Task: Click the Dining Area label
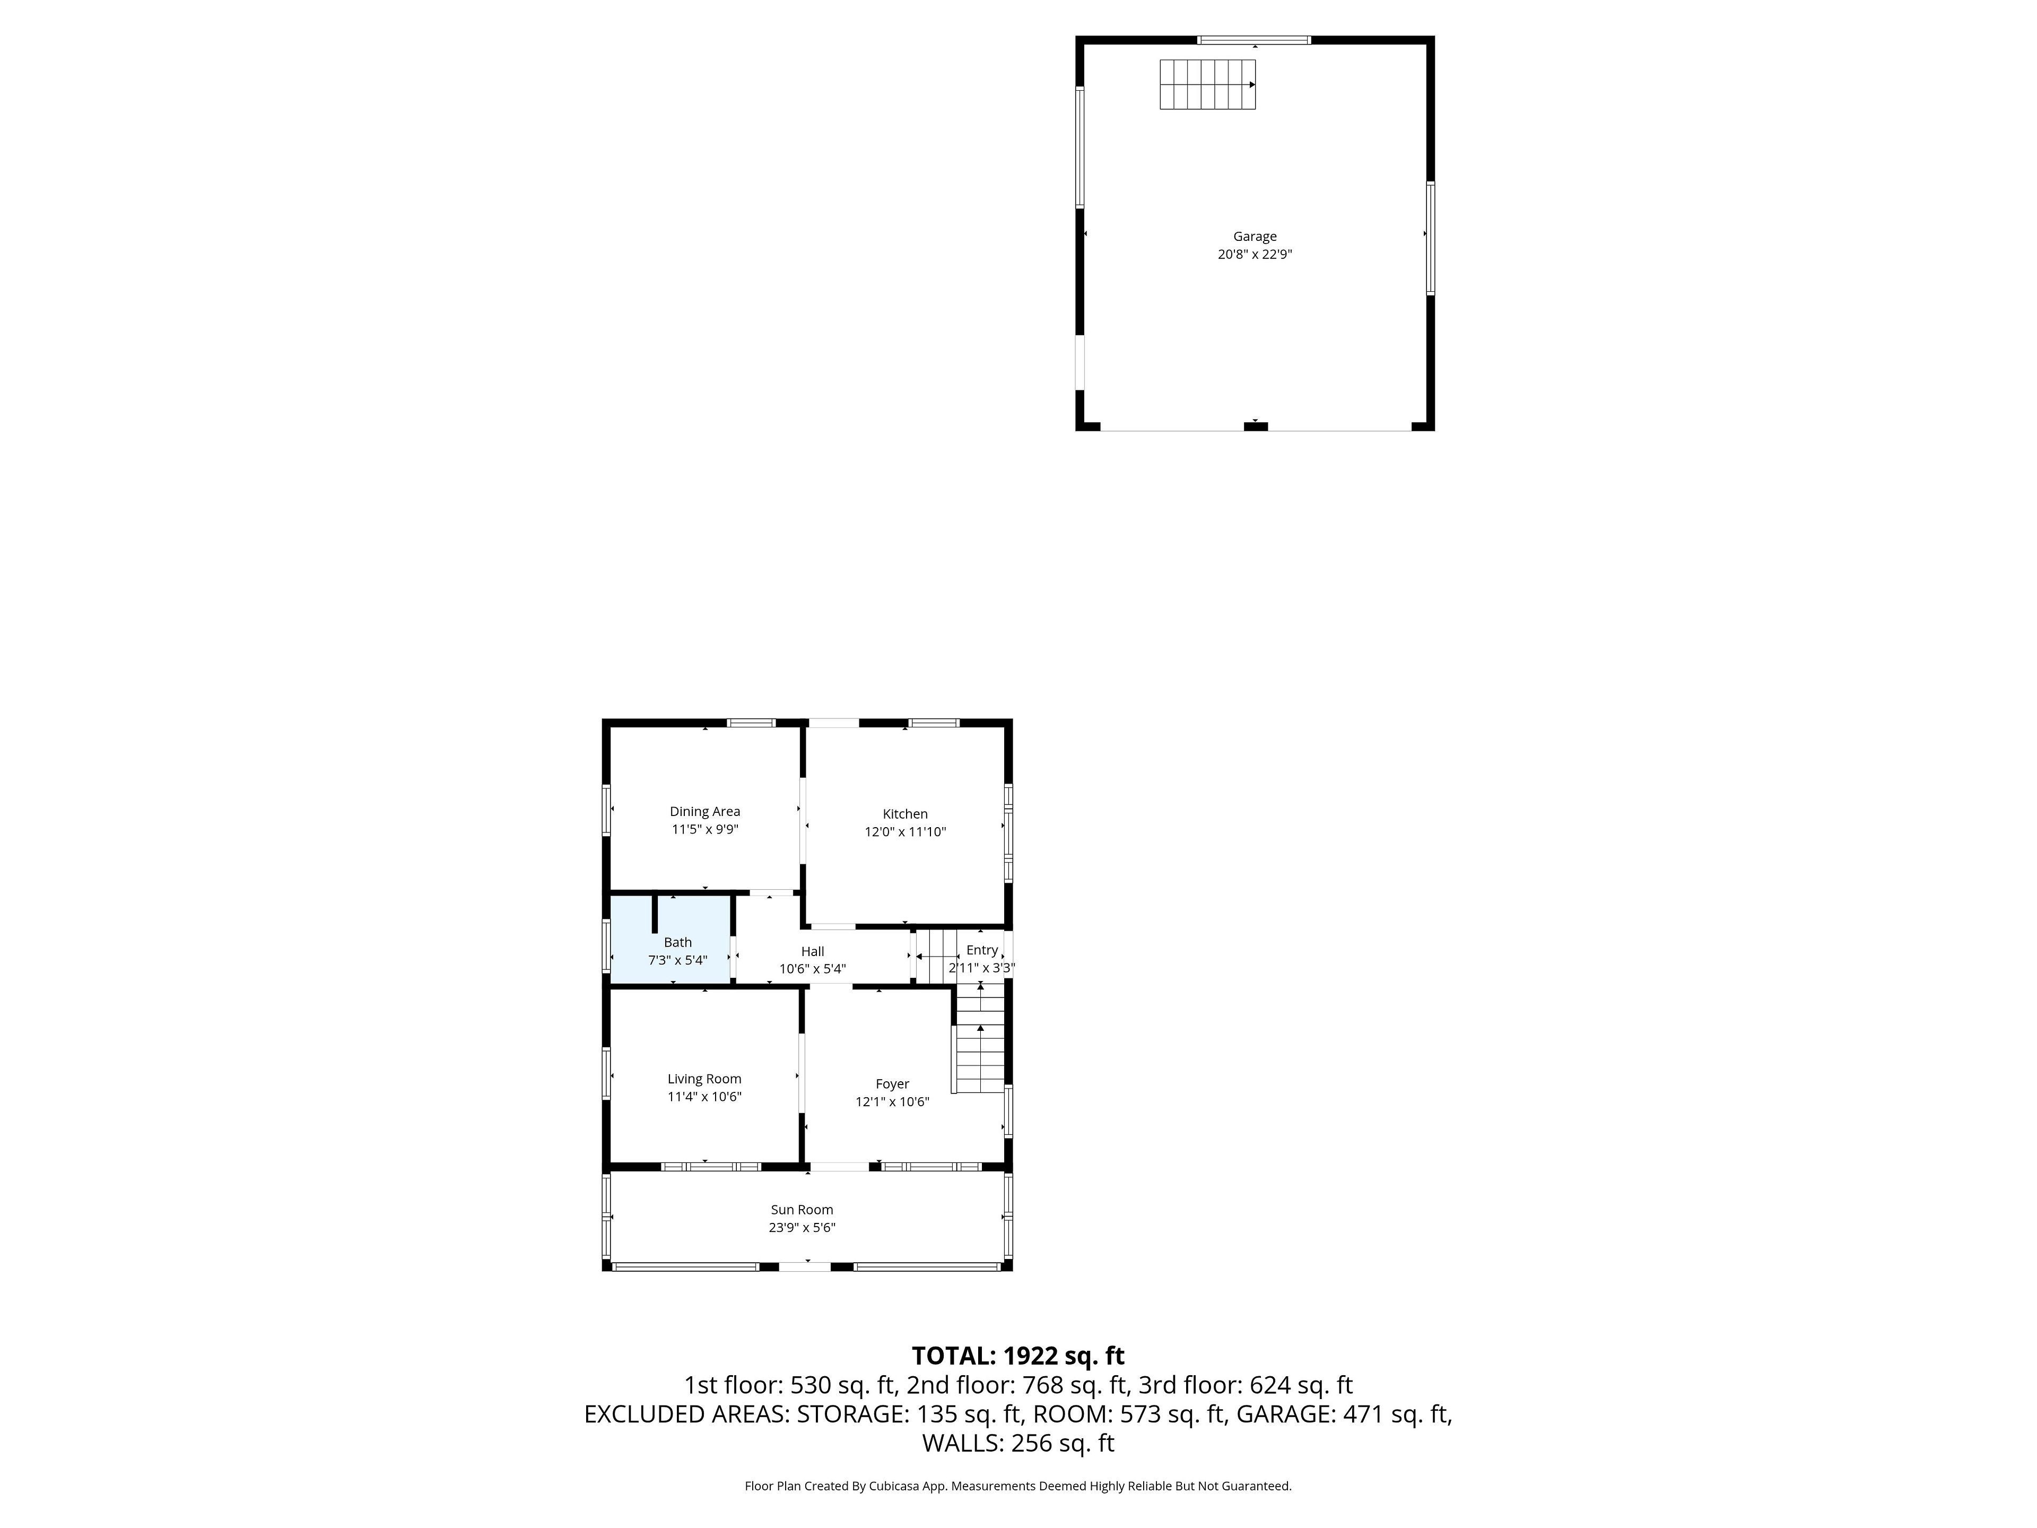[x=704, y=811]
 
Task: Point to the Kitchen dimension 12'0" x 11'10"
[x=905, y=832]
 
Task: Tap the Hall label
[x=812, y=951]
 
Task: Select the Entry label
[x=982, y=950]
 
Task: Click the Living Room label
[x=704, y=1079]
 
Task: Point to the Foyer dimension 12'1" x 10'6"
[x=892, y=1101]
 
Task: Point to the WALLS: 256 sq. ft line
[x=1019, y=1443]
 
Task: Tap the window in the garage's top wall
[x=1253, y=40]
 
